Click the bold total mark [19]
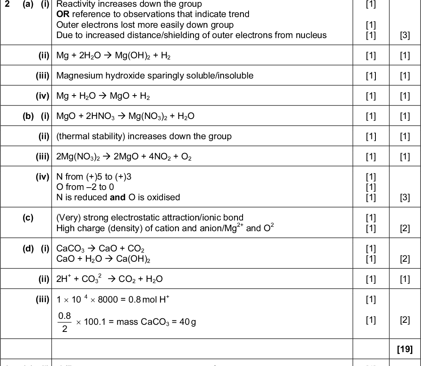pos(404,349)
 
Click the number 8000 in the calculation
pos(107,300)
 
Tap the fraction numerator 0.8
pos(64,316)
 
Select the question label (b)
pos(29,116)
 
